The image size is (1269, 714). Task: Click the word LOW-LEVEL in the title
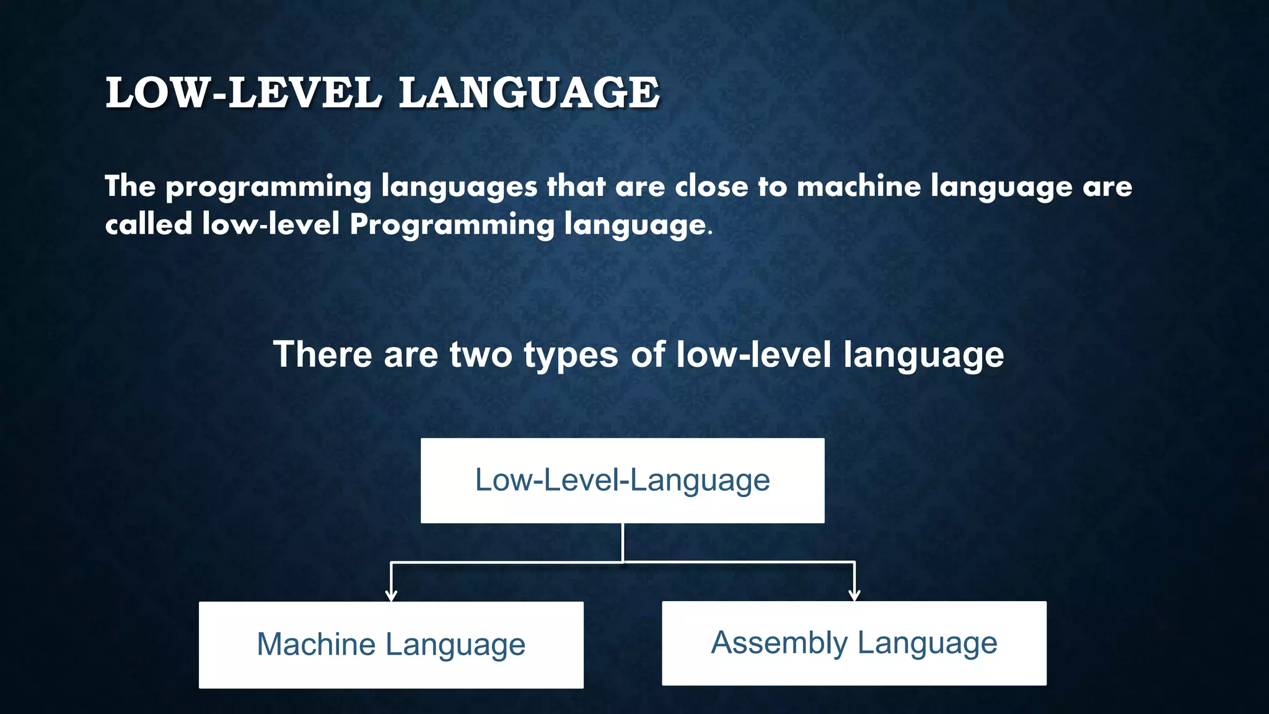[243, 93]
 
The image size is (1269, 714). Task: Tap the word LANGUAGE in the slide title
[529, 93]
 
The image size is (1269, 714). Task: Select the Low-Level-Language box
[622, 481]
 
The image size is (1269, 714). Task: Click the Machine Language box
[391, 645]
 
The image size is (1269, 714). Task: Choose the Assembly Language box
[854, 643]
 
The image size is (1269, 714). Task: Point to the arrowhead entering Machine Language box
[391, 596]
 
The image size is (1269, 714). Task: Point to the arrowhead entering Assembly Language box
[854, 596]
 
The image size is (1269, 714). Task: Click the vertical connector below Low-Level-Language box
[623, 542]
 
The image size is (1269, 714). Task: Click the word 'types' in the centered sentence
[571, 356]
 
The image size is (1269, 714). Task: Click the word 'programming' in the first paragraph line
[268, 187]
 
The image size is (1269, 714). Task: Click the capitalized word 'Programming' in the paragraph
[452, 225]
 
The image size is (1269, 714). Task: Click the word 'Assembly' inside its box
[779, 643]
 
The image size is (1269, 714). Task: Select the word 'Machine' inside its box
[316, 645]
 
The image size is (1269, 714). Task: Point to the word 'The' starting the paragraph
[130, 186]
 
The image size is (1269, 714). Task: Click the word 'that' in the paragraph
[576, 186]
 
